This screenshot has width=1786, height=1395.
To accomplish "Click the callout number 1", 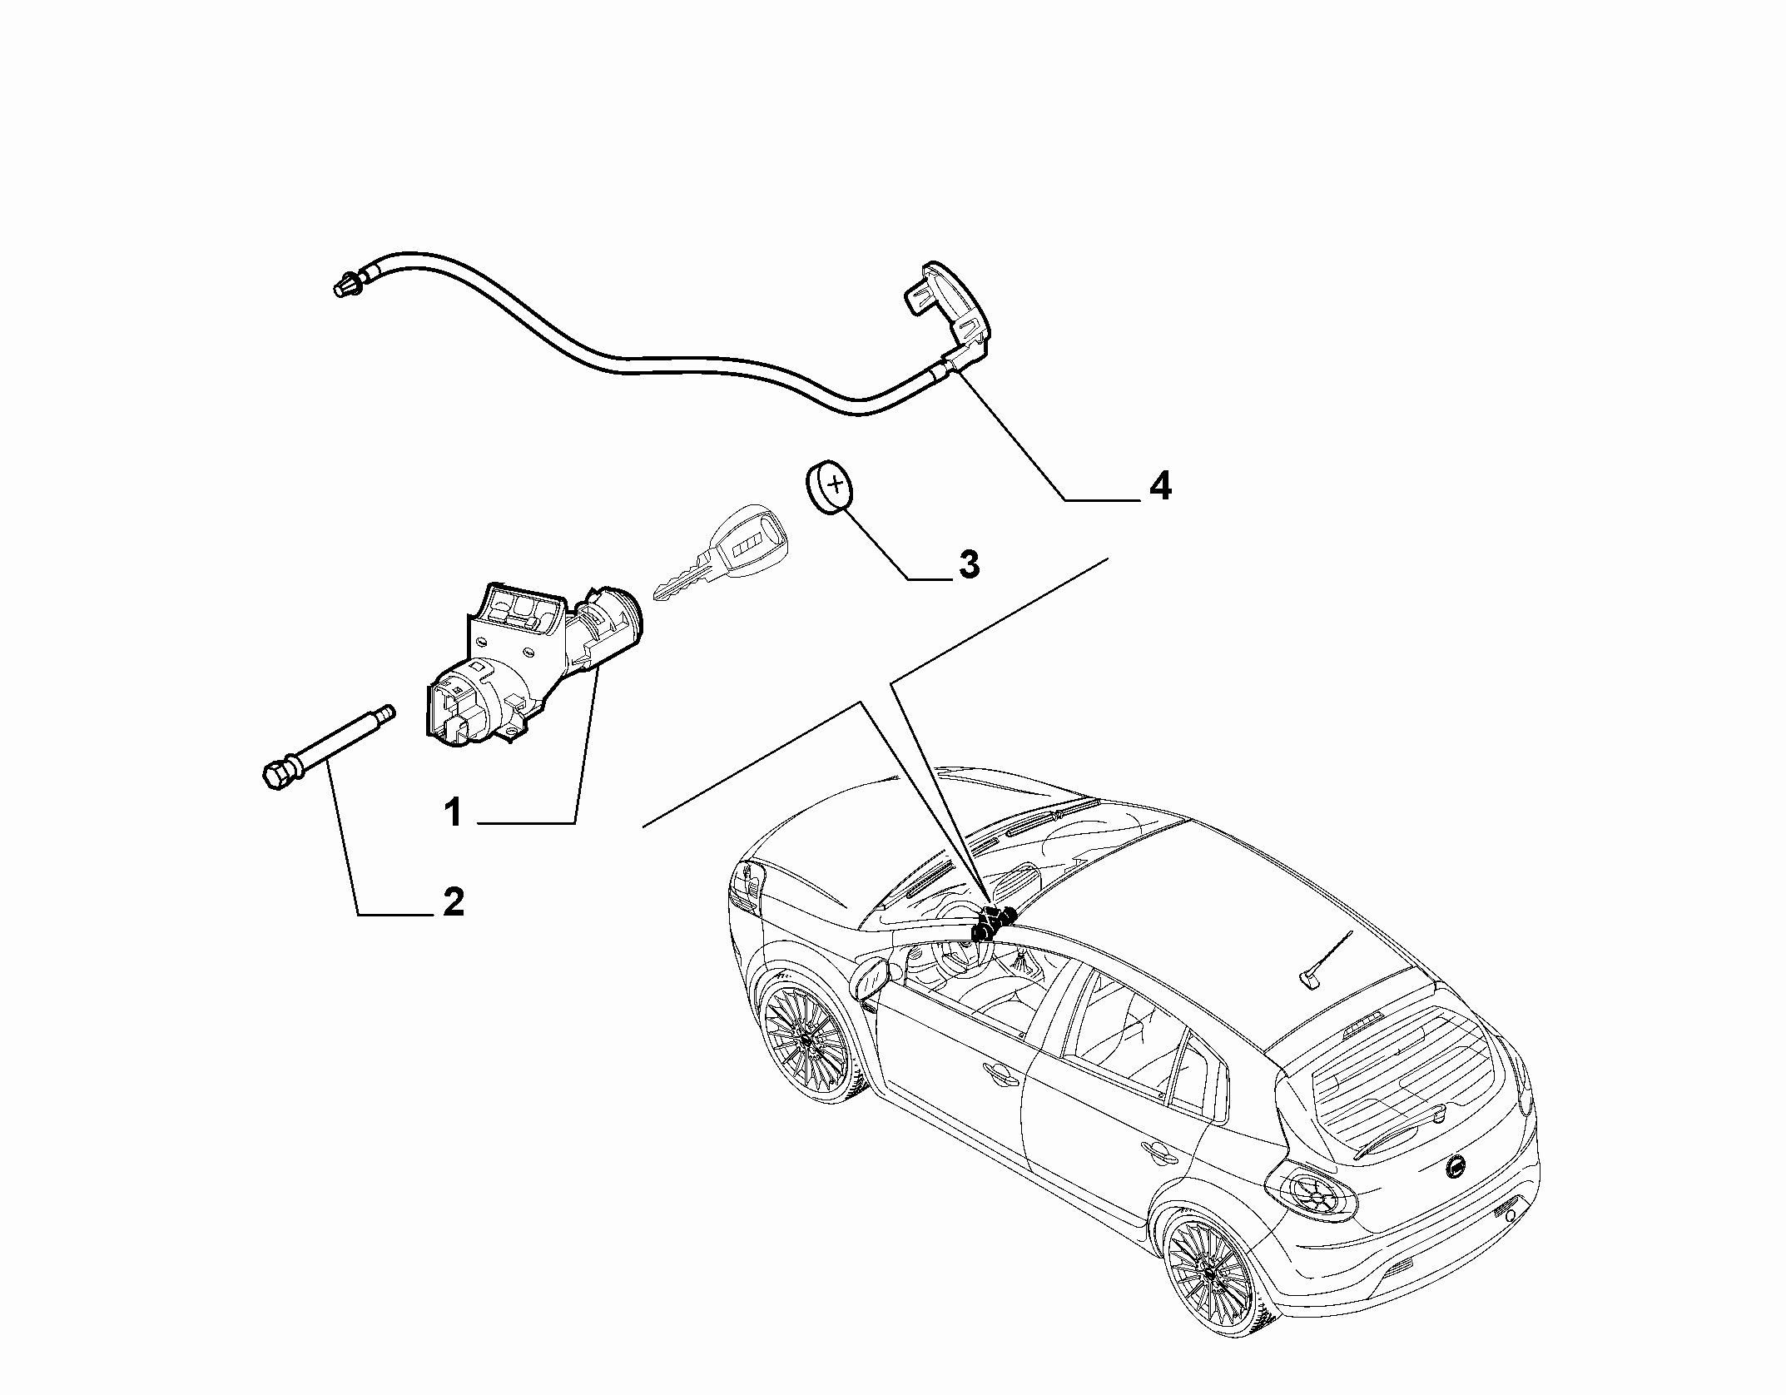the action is [x=453, y=812].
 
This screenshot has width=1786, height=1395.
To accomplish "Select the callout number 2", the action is [x=453, y=902].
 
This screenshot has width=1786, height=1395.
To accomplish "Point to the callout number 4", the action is [x=1159, y=486].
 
